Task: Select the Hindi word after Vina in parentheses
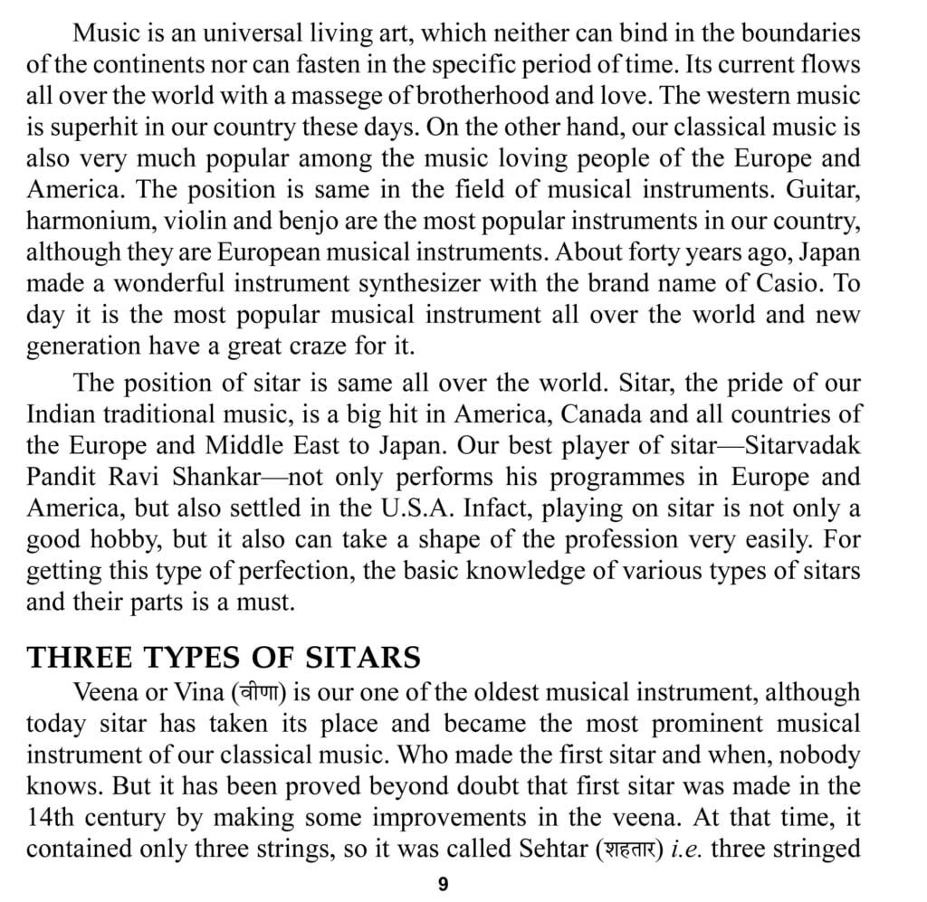click(x=259, y=694)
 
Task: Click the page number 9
click(x=443, y=884)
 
